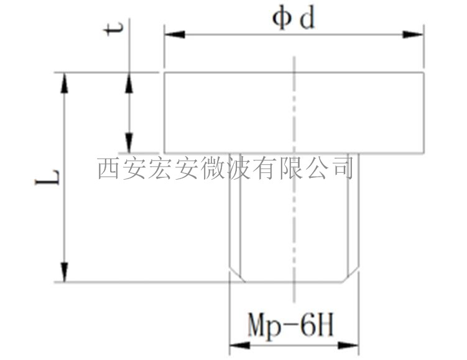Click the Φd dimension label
tap(294, 19)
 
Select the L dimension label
tap(54, 177)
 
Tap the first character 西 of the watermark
tap(108, 168)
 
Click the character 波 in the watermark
tap(236, 168)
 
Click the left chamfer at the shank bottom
tap(236, 275)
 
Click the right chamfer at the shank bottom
tap(352, 275)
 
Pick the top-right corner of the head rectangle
tap(424, 73)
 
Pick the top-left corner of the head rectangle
tap(164, 73)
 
